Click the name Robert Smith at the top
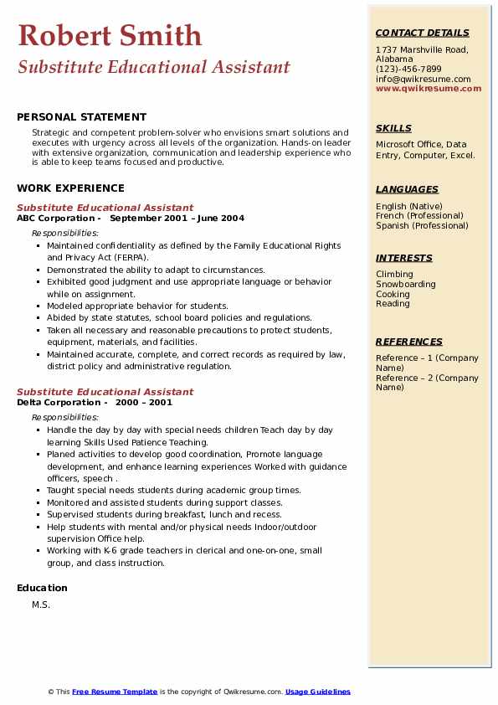click(110, 35)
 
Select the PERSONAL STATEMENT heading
click(81, 117)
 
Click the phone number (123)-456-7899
click(408, 69)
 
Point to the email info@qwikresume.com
click(423, 80)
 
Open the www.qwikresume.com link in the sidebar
click(429, 89)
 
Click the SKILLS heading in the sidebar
click(393, 129)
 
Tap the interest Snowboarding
click(406, 285)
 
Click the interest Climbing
click(394, 275)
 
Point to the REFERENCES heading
click(409, 342)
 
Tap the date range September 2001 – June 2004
click(177, 219)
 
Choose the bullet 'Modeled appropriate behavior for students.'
click(137, 306)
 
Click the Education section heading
click(42, 588)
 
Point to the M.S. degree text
click(41, 605)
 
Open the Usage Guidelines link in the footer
click(317, 692)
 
